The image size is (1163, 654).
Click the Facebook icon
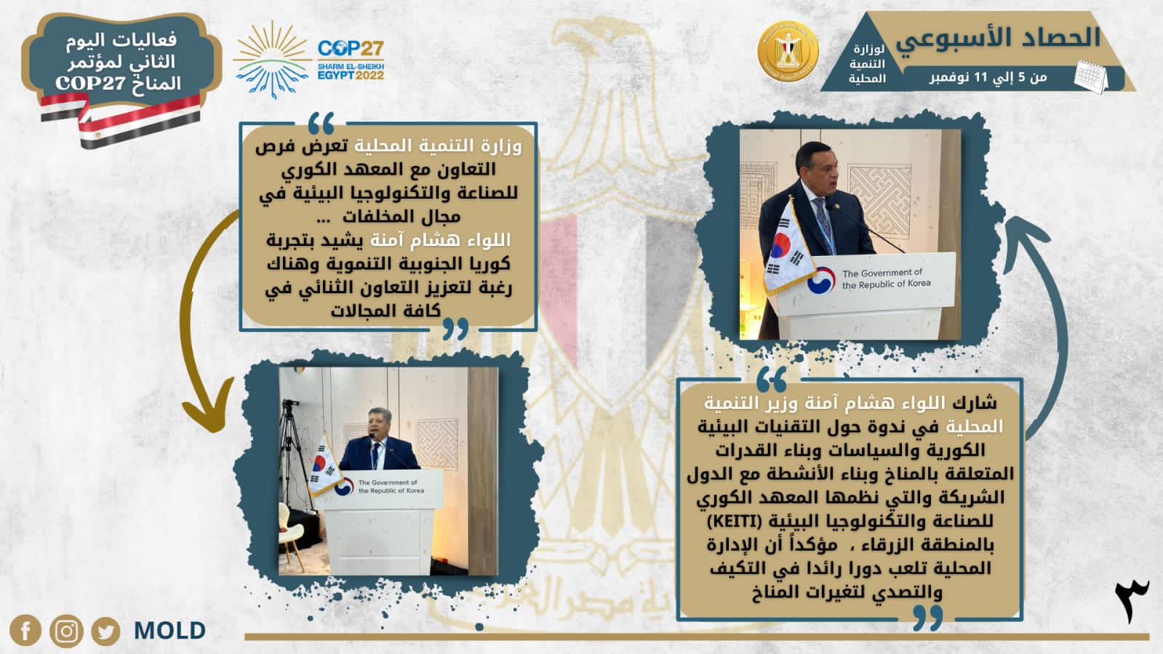[25, 630]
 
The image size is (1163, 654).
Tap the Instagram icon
[66, 631]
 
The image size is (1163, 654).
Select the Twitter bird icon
[106, 631]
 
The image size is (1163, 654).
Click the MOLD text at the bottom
[169, 631]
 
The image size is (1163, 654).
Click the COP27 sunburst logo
[272, 60]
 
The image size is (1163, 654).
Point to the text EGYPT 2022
[351, 76]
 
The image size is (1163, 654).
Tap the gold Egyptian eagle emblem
[788, 51]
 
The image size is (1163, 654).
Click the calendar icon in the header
[1090, 77]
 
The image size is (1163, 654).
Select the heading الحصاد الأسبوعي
[998, 38]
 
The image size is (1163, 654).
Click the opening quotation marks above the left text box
[321, 123]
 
